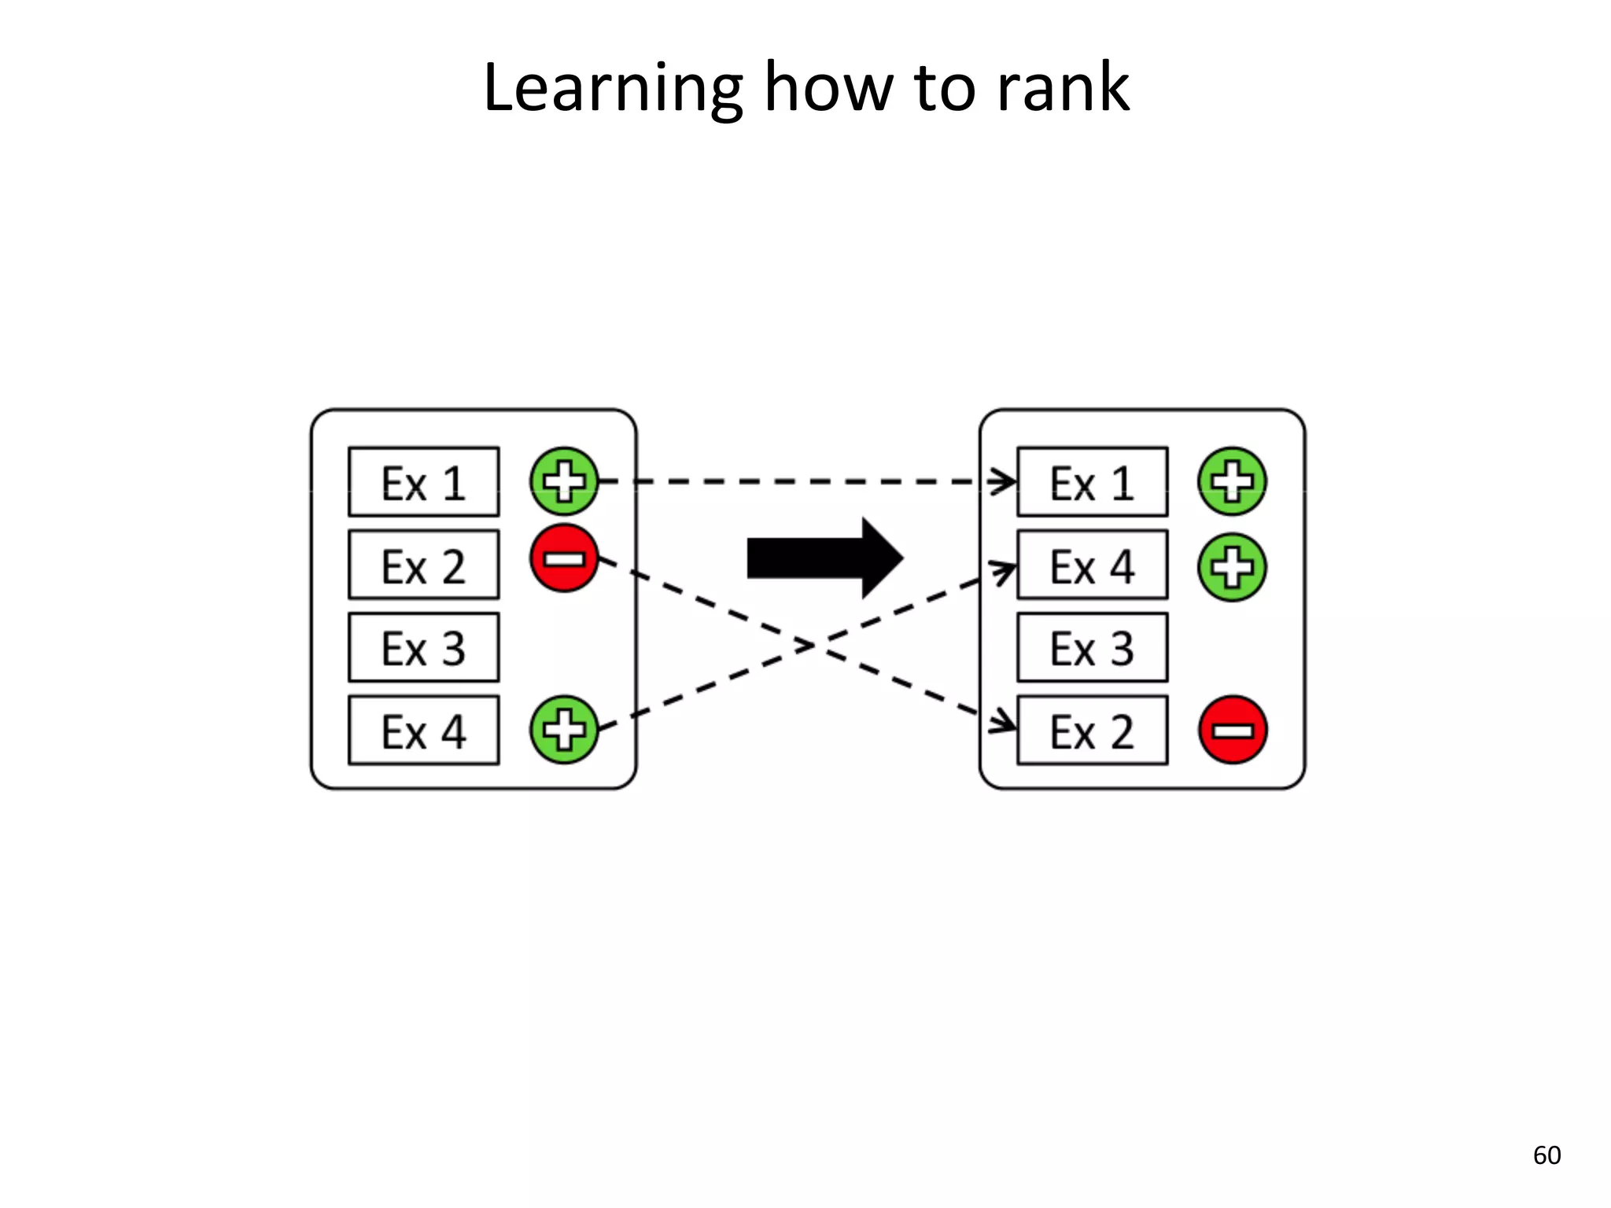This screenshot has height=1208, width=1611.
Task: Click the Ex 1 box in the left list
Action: coord(423,482)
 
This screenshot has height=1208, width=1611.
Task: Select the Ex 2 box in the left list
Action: coord(423,565)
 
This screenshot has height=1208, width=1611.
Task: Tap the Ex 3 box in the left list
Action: coord(423,647)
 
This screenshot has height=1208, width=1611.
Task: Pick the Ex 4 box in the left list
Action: coord(423,730)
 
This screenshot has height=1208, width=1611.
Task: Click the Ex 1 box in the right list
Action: coord(1092,482)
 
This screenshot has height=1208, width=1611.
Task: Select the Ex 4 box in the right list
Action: coord(1092,565)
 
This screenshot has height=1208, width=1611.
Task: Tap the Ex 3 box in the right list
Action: coord(1092,647)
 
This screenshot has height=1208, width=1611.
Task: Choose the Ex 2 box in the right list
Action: coord(1092,730)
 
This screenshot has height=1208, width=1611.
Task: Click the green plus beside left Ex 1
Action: coord(564,481)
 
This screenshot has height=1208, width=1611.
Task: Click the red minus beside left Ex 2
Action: coord(564,558)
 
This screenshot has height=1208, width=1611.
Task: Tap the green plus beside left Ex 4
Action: coord(564,729)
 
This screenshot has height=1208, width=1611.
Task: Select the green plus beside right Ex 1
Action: coord(1232,481)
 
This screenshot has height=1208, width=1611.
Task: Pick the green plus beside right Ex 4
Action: coord(1232,567)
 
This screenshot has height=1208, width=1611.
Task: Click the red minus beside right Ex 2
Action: coord(1233,730)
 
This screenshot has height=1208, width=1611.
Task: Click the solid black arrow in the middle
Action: coord(822,558)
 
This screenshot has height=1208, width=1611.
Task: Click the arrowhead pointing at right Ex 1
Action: coord(1005,481)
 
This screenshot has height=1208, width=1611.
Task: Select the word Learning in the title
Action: coord(612,88)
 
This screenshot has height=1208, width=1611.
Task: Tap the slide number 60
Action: coord(1546,1155)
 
